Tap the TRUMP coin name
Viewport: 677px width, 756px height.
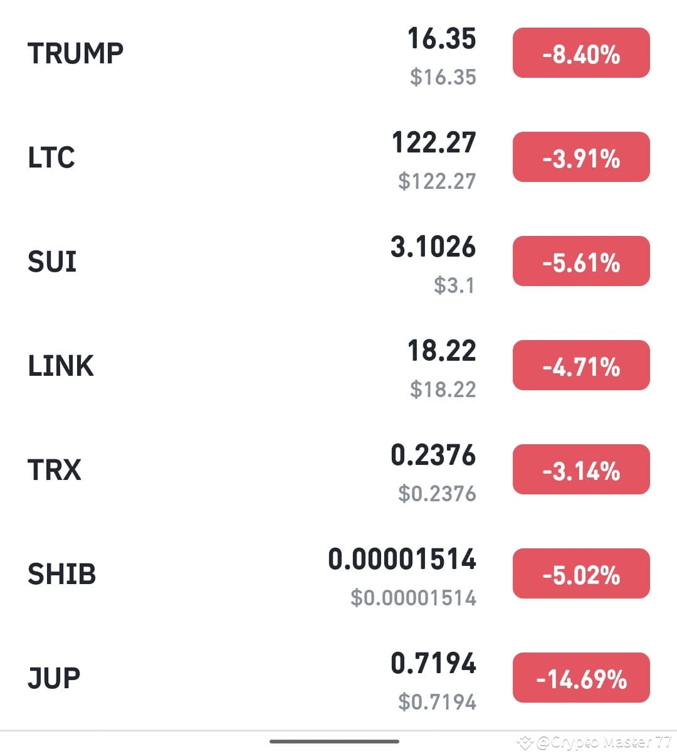[75, 53]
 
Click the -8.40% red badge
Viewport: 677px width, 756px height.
[581, 53]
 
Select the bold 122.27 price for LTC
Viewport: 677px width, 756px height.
[434, 143]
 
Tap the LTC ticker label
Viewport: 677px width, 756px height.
[51, 157]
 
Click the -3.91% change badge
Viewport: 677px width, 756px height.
[581, 157]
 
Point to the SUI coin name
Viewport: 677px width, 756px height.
[52, 262]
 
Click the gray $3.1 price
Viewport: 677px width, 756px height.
[454, 285]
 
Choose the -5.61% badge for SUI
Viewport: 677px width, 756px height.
[581, 262]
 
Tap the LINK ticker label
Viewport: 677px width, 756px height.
[61, 366]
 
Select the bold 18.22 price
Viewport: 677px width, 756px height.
[442, 351]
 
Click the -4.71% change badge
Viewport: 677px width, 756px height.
[581, 366]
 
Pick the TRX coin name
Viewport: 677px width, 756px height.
[55, 470]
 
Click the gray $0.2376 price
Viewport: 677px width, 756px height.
[437, 494]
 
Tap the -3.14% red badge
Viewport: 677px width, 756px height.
[581, 470]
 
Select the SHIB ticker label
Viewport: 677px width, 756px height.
[61, 574]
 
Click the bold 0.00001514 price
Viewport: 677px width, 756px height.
[402, 560]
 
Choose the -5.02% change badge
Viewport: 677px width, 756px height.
[581, 574]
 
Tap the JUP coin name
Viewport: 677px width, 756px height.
[54, 678]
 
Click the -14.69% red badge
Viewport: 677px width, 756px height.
[581, 678]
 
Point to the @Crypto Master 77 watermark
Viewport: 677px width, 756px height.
[596, 743]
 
